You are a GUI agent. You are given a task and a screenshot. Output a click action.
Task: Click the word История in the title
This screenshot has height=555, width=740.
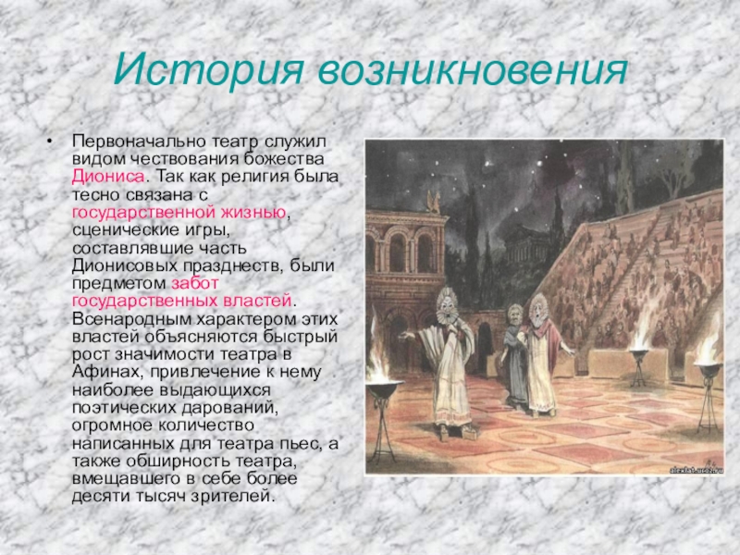click(x=207, y=70)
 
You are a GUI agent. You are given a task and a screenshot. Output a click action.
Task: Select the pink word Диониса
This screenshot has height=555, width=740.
click(x=108, y=177)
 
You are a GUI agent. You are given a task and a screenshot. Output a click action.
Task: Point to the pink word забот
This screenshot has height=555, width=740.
click(x=194, y=284)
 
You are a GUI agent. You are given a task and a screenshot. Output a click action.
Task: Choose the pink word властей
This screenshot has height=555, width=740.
click(x=257, y=301)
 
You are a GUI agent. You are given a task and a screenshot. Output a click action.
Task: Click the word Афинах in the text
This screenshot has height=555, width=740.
click(x=108, y=372)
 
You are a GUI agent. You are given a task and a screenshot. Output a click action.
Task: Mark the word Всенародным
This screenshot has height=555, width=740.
click(x=130, y=319)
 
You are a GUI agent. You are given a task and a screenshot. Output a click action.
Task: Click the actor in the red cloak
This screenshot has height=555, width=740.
click(x=544, y=354)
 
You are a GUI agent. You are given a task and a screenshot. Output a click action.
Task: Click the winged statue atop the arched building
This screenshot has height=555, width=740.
click(x=433, y=203)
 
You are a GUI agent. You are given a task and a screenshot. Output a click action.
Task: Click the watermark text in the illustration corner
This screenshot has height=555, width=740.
click(x=696, y=470)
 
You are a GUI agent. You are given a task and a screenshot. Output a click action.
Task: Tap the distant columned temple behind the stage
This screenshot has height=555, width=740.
click(x=527, y=244)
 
